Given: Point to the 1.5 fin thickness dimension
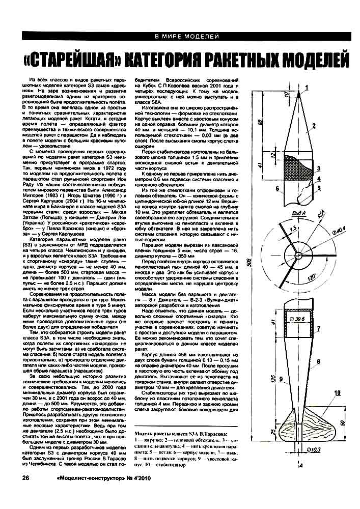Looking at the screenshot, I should point(280,230).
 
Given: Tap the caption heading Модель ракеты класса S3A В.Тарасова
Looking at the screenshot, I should point(180,433).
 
